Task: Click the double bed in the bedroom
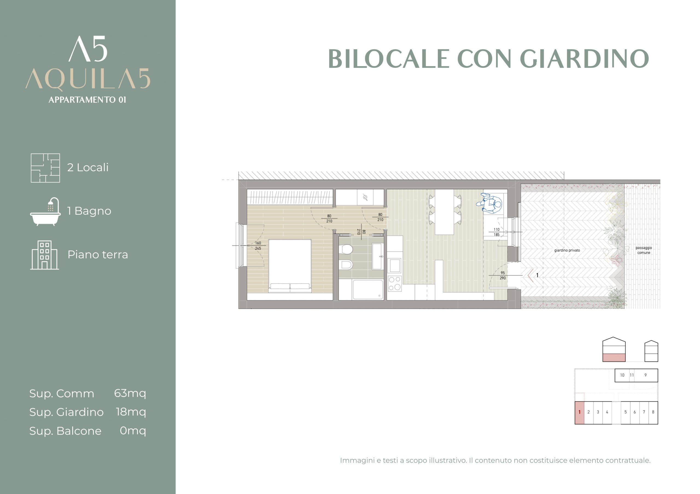tap(290, 266)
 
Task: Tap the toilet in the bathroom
tap(345, 249)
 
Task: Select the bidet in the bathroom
tap(345, 265)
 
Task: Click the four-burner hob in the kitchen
tap(395, 283)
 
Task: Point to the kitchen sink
tap(395, 265)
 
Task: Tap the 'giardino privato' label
tap(567, 250)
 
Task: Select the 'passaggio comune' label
tap(644, 250)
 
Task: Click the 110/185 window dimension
tap(497, 232)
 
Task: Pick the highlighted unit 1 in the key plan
tap(579, 412)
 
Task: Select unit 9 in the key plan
tap(645, 375)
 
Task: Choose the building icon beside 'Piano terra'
tap(45, 255)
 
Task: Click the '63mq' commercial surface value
tap(130, 394)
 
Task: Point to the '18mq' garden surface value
tap(131, 412)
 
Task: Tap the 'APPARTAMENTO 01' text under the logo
tap(87, 100)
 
